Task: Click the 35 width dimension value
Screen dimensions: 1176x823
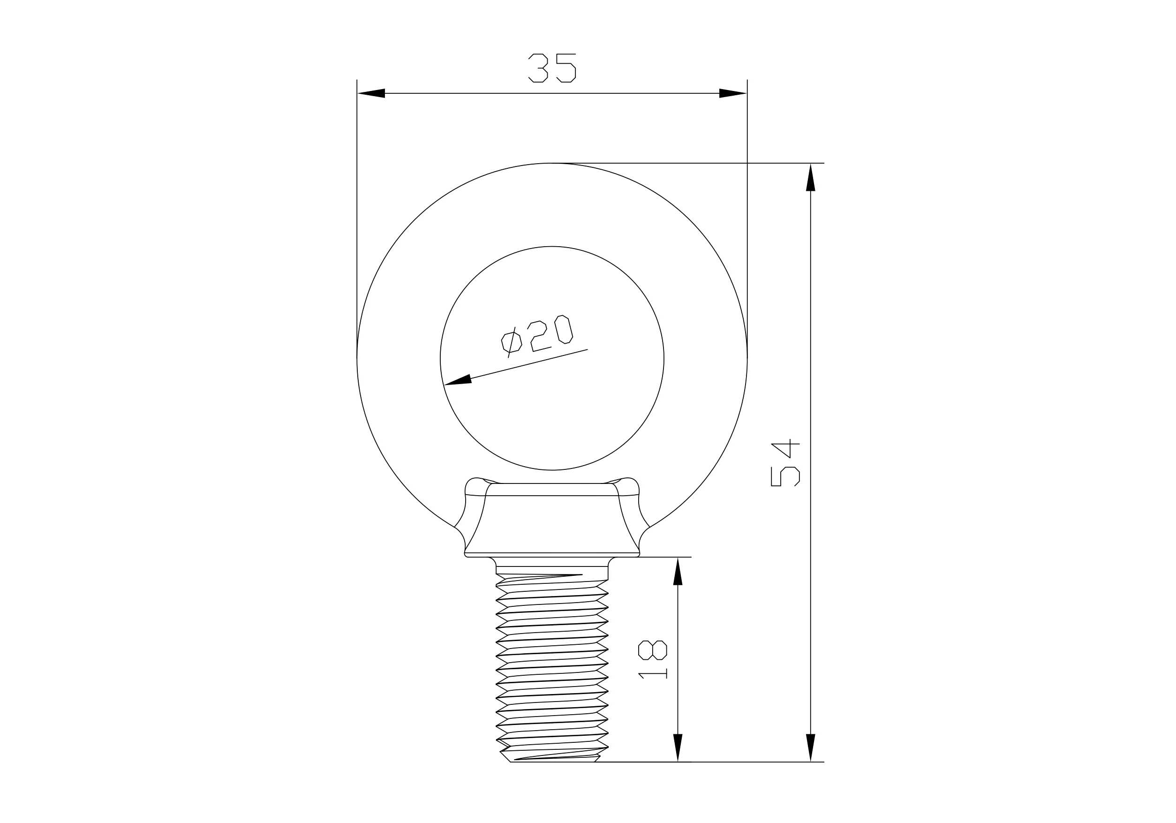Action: pyautogui.click(x=552, y=68)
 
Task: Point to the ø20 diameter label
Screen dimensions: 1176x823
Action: pyautogui.click(x=537, y=335)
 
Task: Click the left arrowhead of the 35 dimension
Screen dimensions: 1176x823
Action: pyautogui.click(x=371, y=93)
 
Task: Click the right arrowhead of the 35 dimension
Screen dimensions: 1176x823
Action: pyautogui.click(x=733, y=93)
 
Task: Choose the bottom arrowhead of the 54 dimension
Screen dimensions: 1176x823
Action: pyautogui.click(x=810, y=747)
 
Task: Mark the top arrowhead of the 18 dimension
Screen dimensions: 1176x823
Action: pyautogui.click(x=678, y=571)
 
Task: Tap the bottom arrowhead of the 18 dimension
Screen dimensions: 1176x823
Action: pyautogui.click(x=678, y=747)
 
